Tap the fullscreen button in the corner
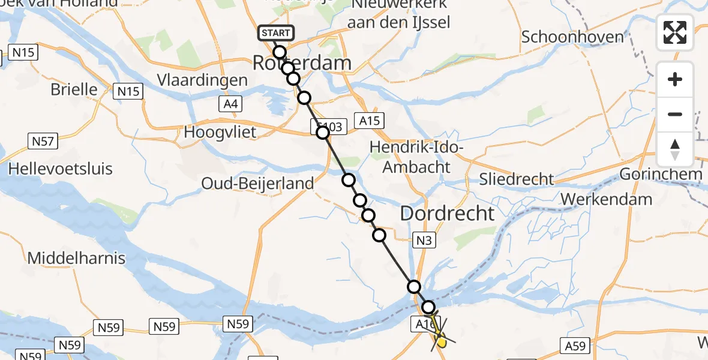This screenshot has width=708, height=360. (675, 32)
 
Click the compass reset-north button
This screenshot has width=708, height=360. (675, 149)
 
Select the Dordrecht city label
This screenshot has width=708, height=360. (447, 213)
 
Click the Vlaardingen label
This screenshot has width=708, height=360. (202, 80)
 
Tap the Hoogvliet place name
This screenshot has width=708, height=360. (220, 131)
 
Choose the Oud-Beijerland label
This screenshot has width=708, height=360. (257, 183)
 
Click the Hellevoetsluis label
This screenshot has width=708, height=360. (60, 169)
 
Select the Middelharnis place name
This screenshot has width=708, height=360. (77, 259)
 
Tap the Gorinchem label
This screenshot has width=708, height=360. (661, 175)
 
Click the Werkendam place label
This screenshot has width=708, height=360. (607, 199)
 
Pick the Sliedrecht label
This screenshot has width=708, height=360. (517, 179)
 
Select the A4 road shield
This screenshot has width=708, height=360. (230, 105)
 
